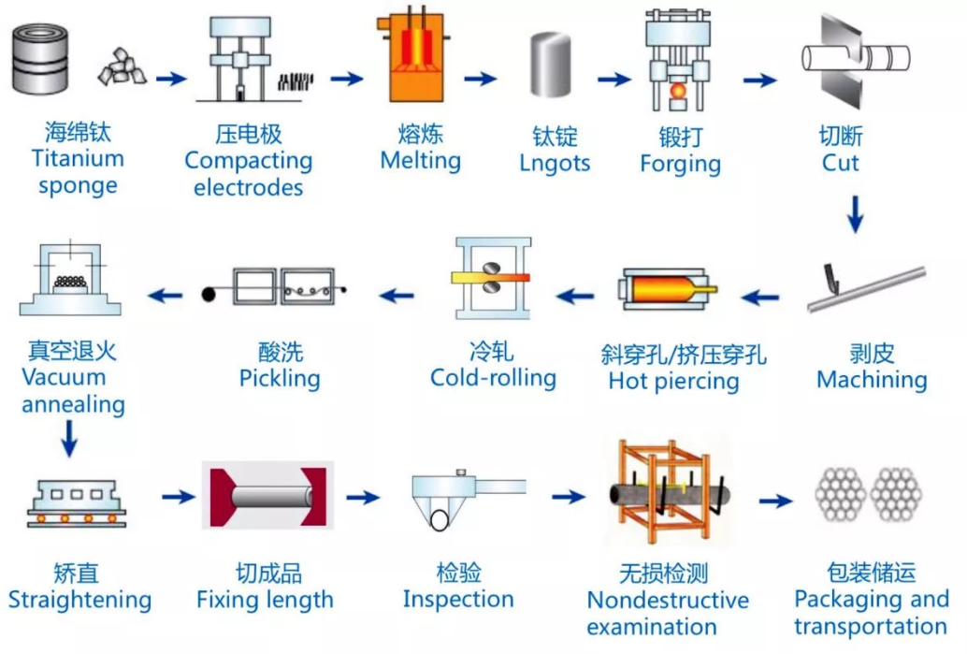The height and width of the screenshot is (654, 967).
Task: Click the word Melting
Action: (421, 161)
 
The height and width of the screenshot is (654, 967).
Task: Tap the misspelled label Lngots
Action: (555, 164)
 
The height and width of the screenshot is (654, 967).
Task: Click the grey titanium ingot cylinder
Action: (550, 65)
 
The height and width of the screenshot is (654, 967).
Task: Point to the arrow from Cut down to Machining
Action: (855, 214)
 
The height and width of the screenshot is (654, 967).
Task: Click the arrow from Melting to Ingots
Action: (481, 79)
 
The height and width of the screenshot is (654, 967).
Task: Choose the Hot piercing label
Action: (673, 382)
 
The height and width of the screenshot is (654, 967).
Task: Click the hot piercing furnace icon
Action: (667, 289)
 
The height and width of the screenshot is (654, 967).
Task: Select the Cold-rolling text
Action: (493, 378)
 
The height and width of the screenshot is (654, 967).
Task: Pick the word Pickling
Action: (280, 379)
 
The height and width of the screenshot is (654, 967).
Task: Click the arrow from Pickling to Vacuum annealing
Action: (166, 296)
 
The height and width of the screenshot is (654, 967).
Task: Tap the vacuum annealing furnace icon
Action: (70, 278)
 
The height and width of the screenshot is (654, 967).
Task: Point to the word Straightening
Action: (79, 601)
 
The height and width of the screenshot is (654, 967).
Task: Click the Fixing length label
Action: (265, 601)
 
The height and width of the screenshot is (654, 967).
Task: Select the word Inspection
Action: (458, 599)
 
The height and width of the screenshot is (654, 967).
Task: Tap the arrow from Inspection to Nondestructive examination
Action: (569, 497)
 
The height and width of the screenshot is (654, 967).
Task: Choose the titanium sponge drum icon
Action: (40, 59)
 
